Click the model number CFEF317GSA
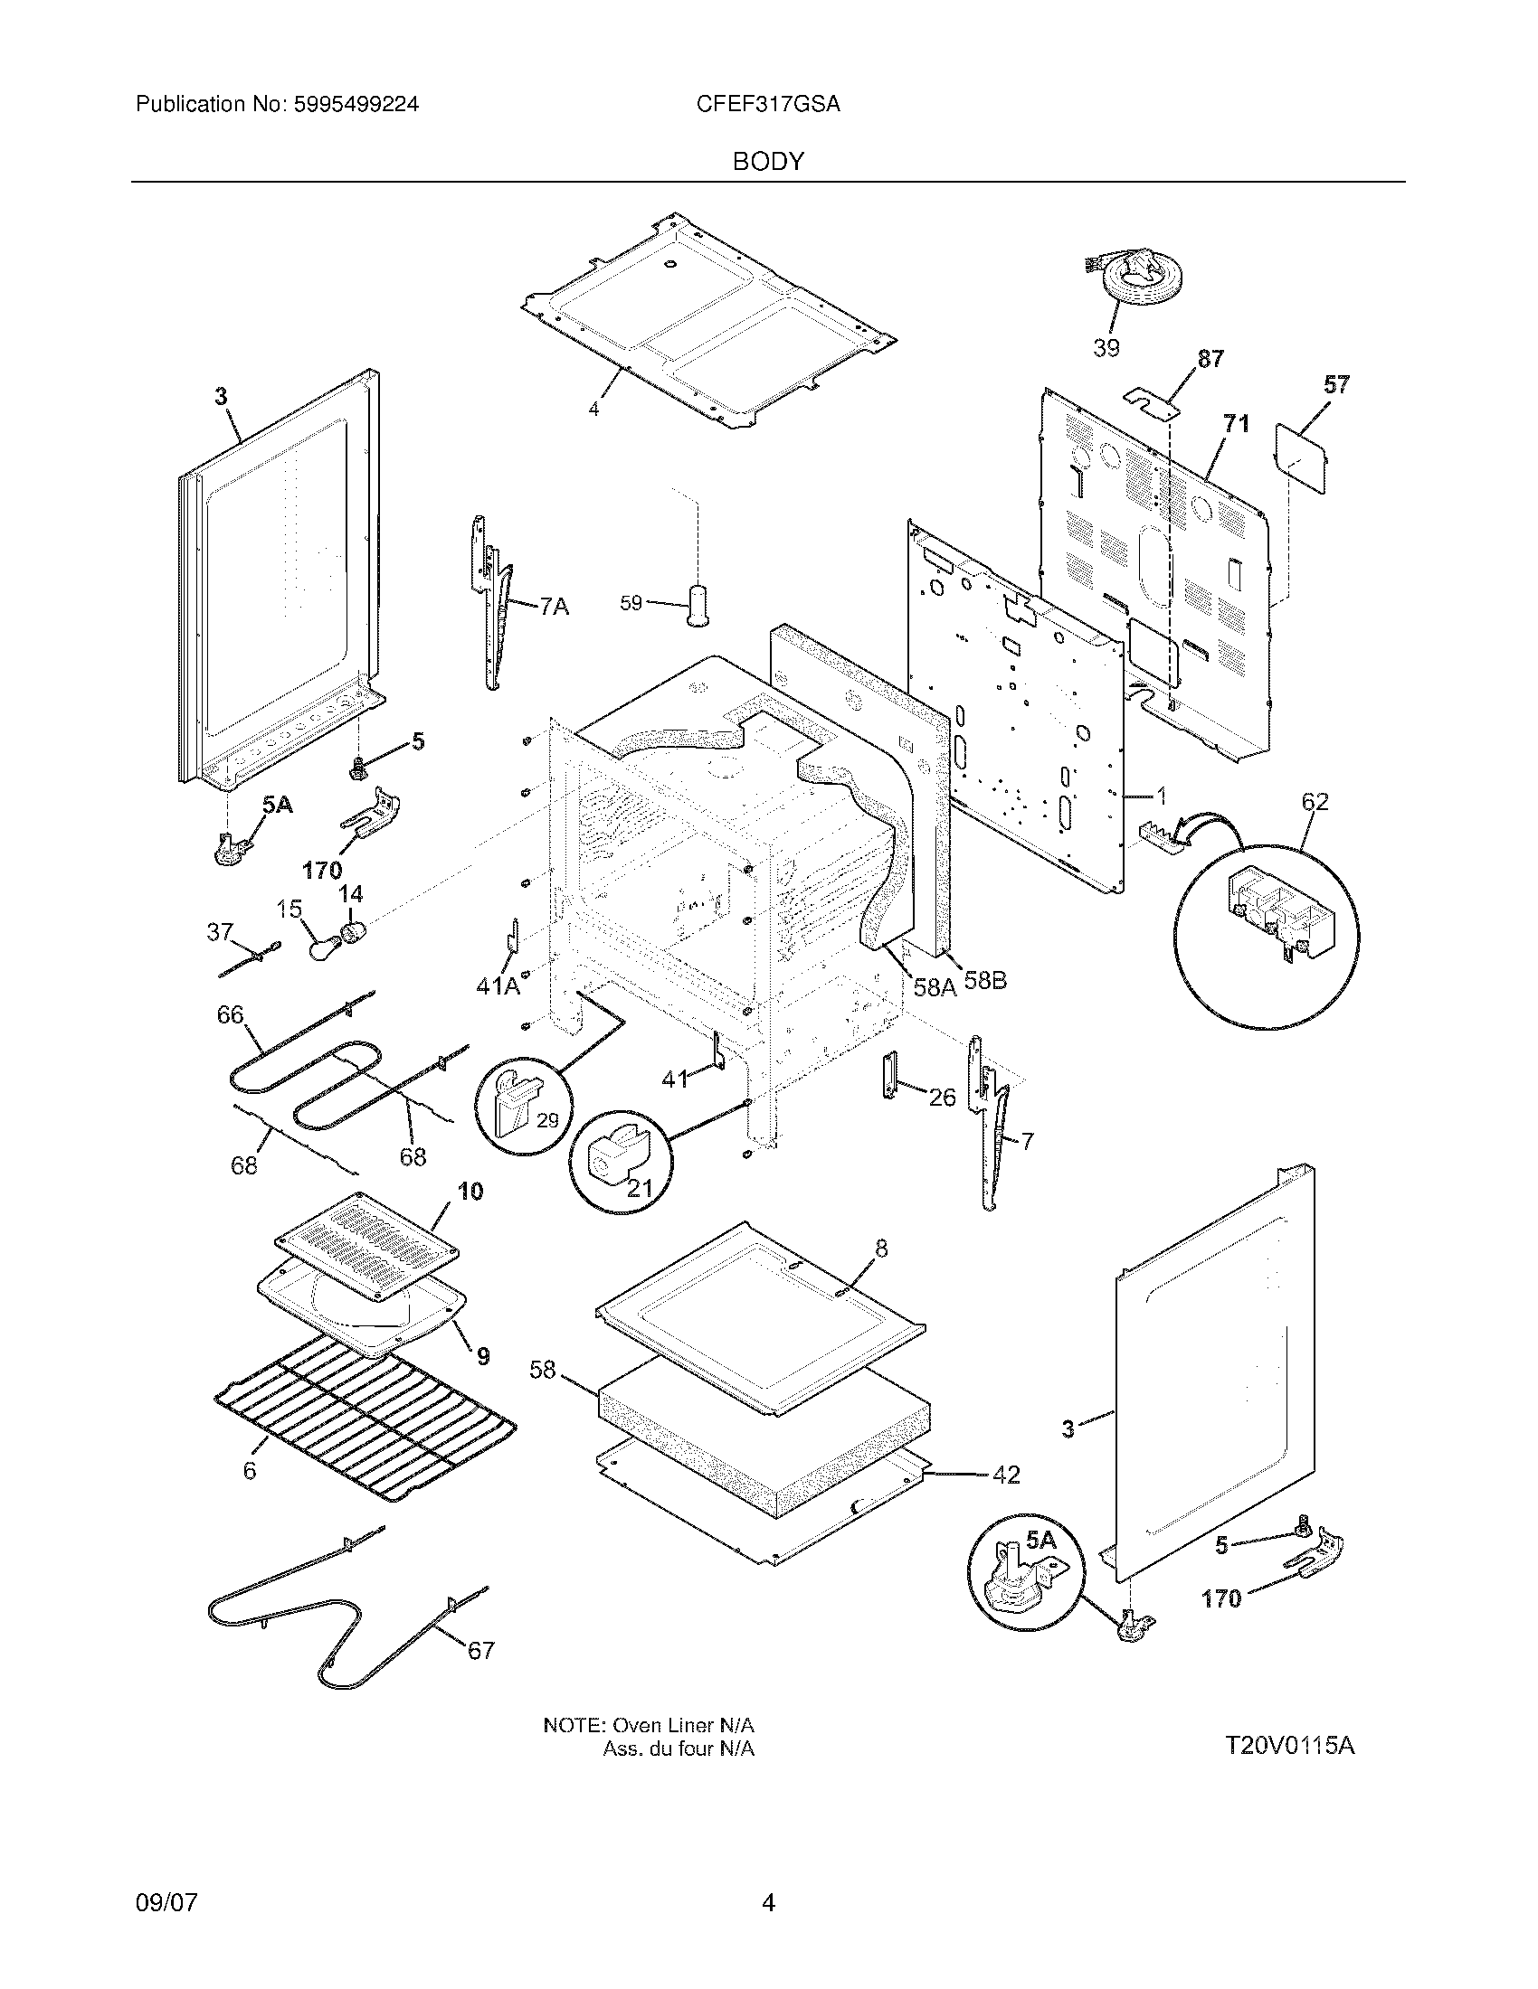pyautogui.click(x=767, y=105)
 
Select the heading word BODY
pyautogui.click(x=767, y=161)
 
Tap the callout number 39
pyautogui.click(x=1106, y=348)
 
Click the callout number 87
pyautogui.click(x=1210, y=359)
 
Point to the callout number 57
pyautogui.click(x=1335, y=384)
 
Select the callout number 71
pyautogui.click(x=1236, y=423)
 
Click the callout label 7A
pyautogui.click(x=553, y=606)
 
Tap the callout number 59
pyautogui.click(x=631, y=603)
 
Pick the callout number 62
pyautogui.click(x=1315, y=801)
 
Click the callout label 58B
pyautogui.click(x=985, y=981)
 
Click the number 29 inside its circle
pyautogui.click(x=546, y=1120)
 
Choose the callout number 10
pyautogui.click(x=470, y=1191)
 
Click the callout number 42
pyautogui.click(x=1005, y=1475)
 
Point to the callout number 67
pyautogui.click(x=480, y=1650)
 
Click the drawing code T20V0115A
pyautogui.click(x=1288, y=1746)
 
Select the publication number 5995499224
pyautogui.click(x=356, y=105)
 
